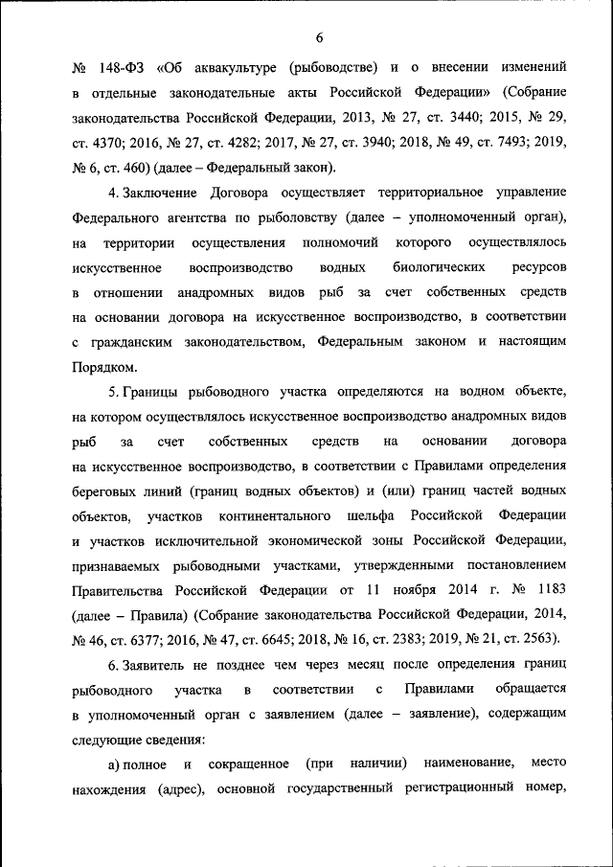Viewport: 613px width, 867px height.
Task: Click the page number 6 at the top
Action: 319,37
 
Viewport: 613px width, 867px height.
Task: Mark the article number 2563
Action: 536,640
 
